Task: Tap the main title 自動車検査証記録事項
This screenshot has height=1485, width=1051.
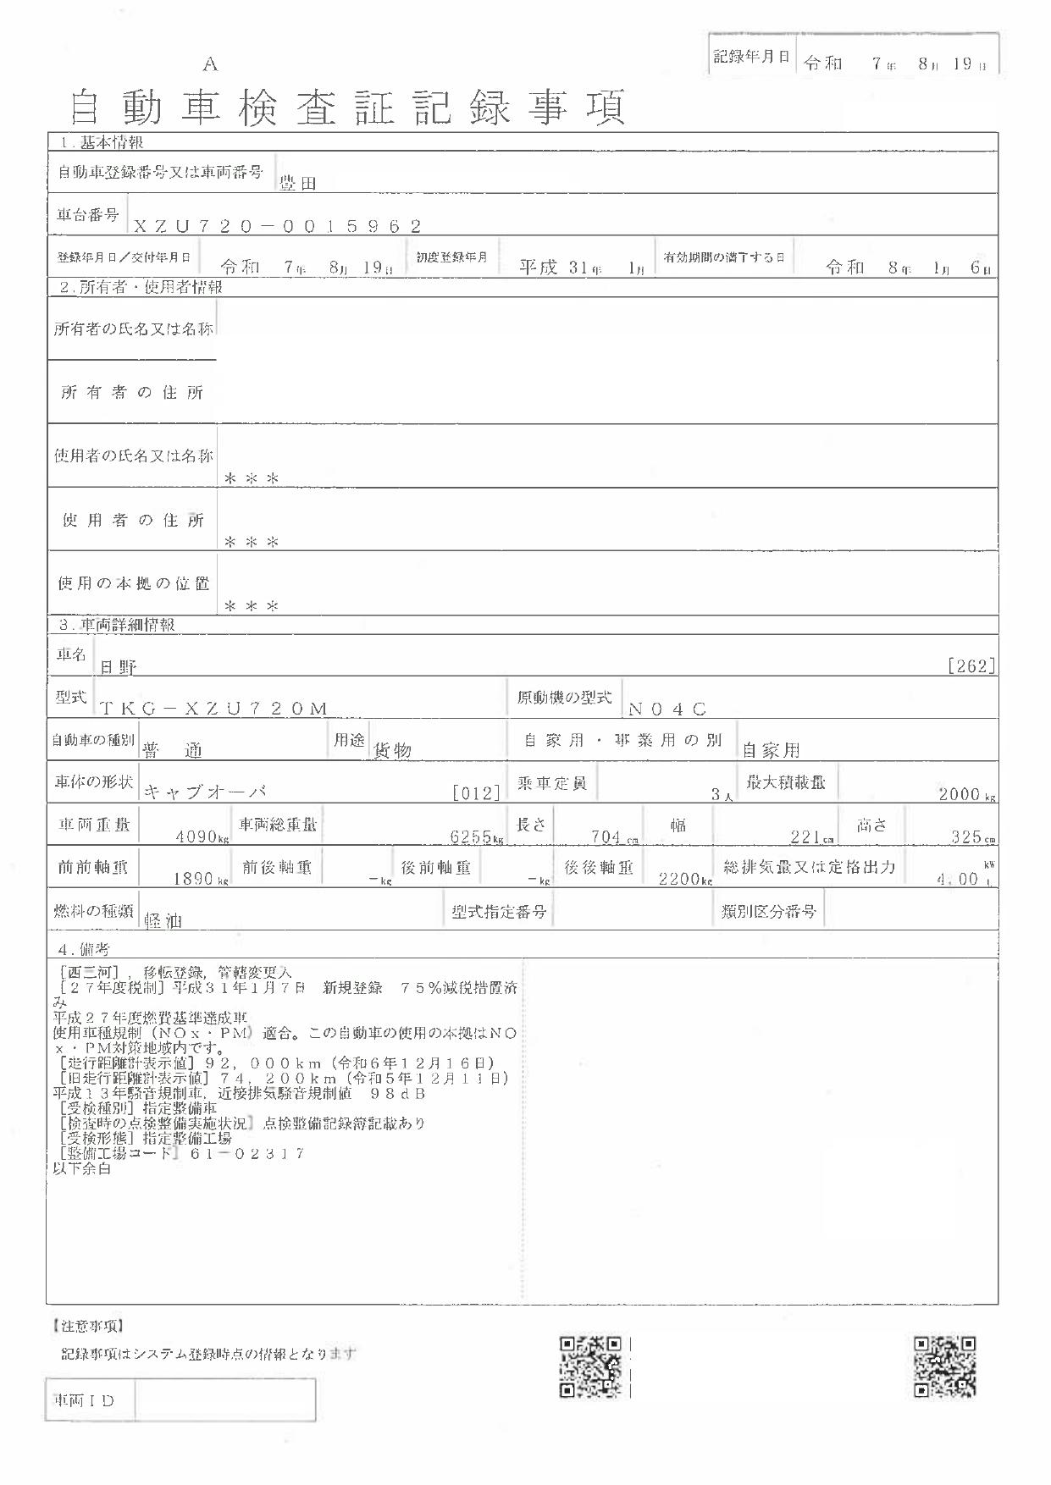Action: (347, 108)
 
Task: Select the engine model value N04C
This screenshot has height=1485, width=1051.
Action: (667, 709)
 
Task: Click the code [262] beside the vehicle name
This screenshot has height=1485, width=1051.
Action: (971, 666)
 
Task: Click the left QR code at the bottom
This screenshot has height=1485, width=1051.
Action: (591, 1366)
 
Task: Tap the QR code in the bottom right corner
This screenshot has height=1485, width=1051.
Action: (944, 1366)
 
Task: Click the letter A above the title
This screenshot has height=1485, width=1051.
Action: (210, 64)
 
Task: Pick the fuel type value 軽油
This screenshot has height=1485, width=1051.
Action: (164, 921)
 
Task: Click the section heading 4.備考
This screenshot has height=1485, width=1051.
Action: (82, 950)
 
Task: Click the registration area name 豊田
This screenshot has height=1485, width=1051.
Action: (298, 183)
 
